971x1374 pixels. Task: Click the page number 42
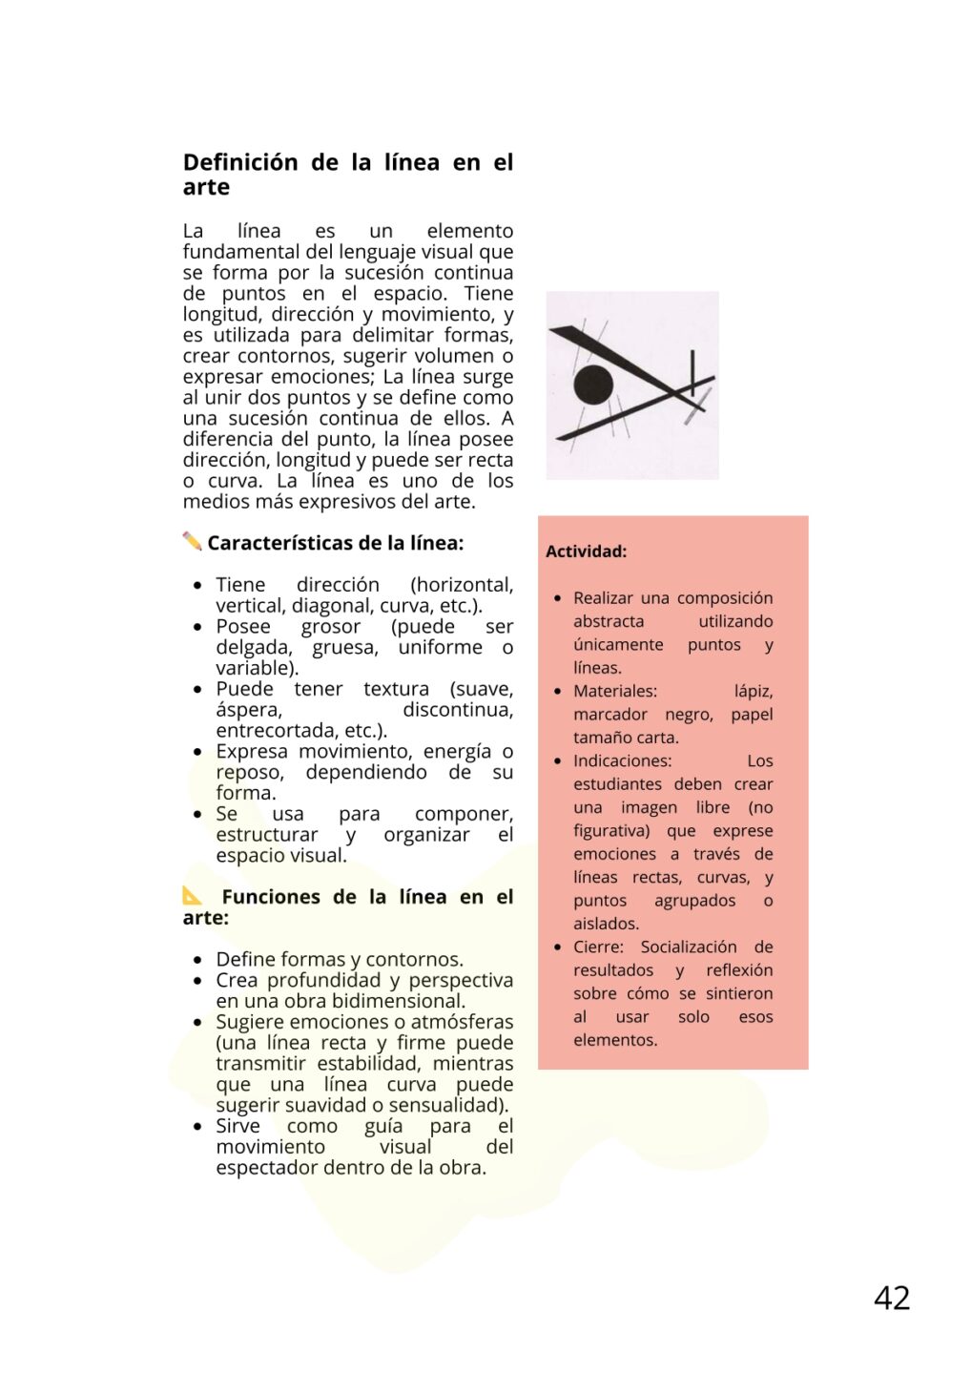[x=892, y=1298]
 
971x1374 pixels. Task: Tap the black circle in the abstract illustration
[x=593, y=385]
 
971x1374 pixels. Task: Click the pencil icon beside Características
[x=192, y=541]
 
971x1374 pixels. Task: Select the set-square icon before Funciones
[x=193, y=895]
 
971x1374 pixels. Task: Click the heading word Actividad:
[x=586, y=552]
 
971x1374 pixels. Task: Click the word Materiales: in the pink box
[x=614, y=691]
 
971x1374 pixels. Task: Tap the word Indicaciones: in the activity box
[x=622, y=760]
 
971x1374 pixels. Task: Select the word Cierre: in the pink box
[x=598, y=947]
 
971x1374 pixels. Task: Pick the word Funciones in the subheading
[x=272, y=897]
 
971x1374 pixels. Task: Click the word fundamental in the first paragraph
[x=241, y=252]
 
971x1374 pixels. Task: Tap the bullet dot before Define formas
[x=197, y=960]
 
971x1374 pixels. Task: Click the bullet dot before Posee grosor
[x=197, y=627]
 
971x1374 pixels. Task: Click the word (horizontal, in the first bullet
[x=462, y=585]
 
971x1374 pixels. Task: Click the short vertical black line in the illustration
[x=692, y=374]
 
